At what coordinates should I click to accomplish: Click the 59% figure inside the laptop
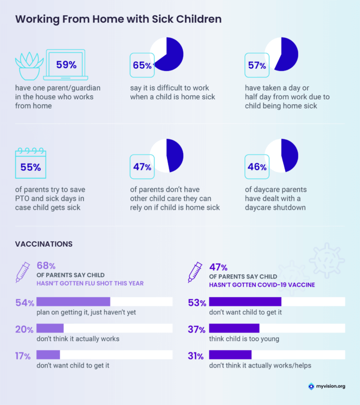(66, 65)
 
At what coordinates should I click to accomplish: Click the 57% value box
(257, 66)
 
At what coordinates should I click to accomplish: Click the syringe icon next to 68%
(23, 271)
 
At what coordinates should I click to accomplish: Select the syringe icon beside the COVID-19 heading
(195, 271)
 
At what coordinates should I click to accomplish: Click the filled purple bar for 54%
(74, 302)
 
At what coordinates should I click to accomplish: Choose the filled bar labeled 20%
(50, 328)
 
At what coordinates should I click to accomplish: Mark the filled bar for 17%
(48, 355)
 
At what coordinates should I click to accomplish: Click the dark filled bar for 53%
(245, 302)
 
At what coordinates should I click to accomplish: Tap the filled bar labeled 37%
(234, 328)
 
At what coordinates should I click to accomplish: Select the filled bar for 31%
(230, 355)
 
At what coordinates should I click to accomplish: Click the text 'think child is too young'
(244, 339)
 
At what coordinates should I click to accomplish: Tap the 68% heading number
(47, 266)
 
